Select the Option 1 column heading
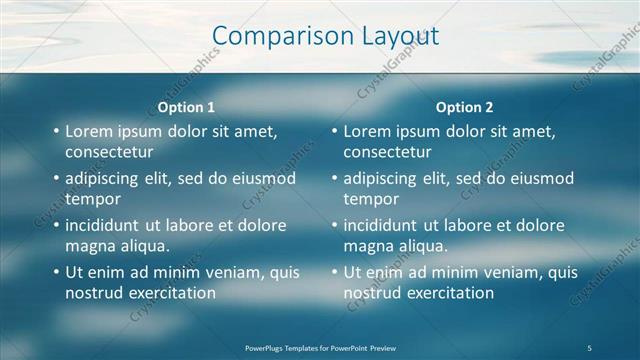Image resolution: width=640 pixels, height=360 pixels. pos(186,107)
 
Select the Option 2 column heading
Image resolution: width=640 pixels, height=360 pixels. pos(464,107)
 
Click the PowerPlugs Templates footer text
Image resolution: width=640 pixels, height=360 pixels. pos(320,347)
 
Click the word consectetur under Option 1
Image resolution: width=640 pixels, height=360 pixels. pos(109,152)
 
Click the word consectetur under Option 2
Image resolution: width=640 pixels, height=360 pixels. pos(388,152)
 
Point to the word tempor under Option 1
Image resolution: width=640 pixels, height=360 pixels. pos(92,199)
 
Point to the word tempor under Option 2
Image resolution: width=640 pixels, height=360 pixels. pos(371,199)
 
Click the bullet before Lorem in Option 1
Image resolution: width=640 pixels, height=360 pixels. pos(55,132)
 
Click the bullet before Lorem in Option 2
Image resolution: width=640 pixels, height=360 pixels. pos(334,132)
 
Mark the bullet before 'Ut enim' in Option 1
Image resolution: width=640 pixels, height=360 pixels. pos(55,273)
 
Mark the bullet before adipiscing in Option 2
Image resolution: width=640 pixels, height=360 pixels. pos(334,179)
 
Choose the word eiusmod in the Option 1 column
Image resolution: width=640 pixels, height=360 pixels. pos(264,179)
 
